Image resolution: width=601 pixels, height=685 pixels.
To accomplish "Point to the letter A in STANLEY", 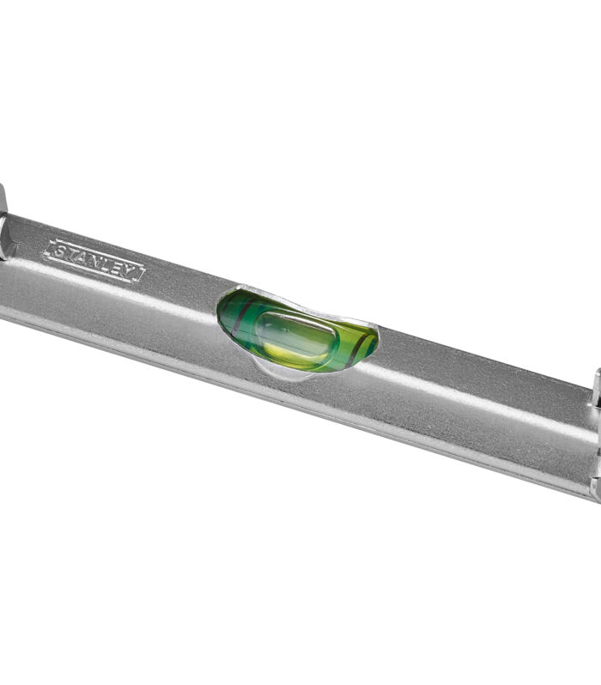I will [82, 258].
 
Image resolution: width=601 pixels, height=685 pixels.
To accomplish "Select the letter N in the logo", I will [95, 262].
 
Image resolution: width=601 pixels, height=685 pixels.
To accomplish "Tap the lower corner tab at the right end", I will [594, 489].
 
